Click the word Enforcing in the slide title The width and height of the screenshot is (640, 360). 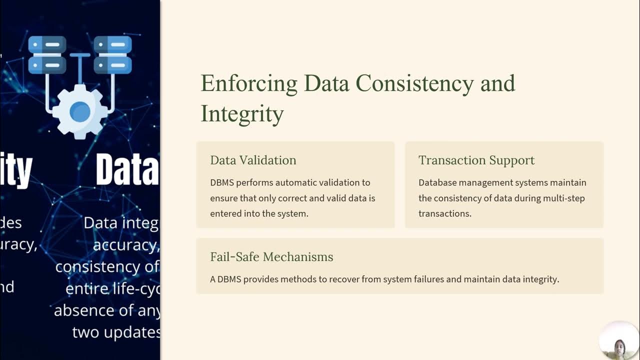click(x=248, y=83)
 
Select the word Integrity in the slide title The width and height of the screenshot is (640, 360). click(x=242, y=113)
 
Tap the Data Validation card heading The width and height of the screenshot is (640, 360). click(x=253, y=160)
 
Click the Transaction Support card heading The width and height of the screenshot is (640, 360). click(x=476, y=160)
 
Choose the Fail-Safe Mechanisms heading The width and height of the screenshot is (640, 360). click(x=271, y=257)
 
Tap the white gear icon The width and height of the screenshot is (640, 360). click(x=80, y=111)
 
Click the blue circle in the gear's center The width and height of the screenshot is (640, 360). click(x=80, y=111)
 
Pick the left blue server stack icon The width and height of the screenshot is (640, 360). click(x=47, y=54)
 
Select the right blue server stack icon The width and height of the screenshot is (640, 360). click(x=112, y=54)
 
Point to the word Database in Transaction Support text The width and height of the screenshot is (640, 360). click(x=439, y=182)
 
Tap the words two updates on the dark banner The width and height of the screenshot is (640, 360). click(x=116, y=332)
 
